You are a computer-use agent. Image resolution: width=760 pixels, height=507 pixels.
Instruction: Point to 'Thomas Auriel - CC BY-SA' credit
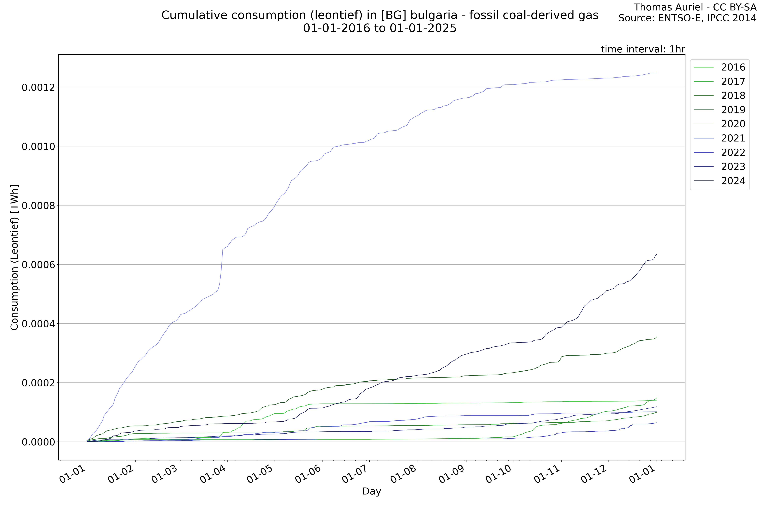[695, 7]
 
